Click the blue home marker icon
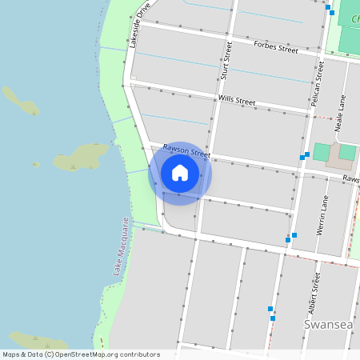[x=180, y=173]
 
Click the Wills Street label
[x=236, y=102]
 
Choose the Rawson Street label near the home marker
[x=186, y=150]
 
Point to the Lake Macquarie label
[x=121, y=246]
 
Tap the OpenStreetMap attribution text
[x=81, y=354]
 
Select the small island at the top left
[x=21, y=101]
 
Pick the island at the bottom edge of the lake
[x=40, y=340]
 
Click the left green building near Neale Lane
[x=321, y=152]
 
